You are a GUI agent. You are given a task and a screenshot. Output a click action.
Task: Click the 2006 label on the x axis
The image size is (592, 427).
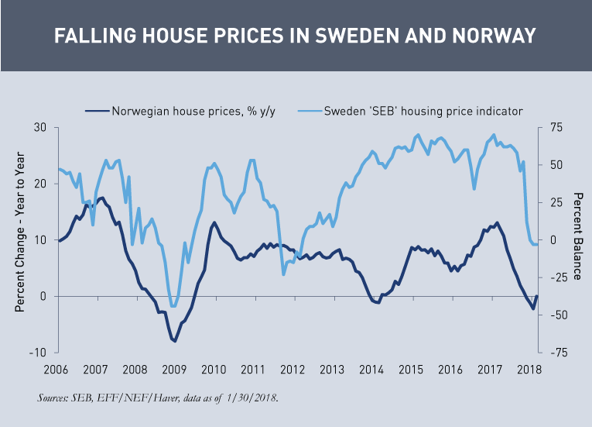(x=55, y=370)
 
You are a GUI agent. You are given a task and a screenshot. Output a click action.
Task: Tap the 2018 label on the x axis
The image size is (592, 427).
(x=530, y=370)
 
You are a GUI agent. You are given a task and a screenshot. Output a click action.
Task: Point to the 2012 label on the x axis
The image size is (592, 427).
(x=293, y=370)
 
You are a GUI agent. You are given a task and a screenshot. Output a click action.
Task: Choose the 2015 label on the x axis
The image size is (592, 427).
(x=411, y=370)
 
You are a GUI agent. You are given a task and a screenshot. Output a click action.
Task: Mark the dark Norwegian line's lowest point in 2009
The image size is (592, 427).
(x=175, y=341)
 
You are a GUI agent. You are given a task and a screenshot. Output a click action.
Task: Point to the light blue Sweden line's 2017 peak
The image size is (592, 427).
(x=494, y=135)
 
